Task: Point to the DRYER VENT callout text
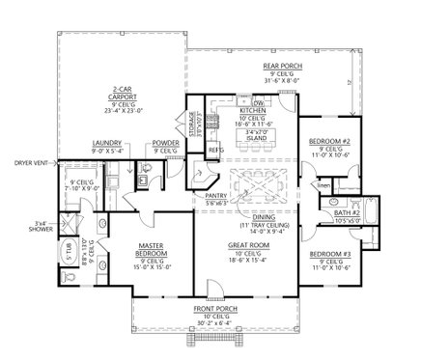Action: tap(21, 163)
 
